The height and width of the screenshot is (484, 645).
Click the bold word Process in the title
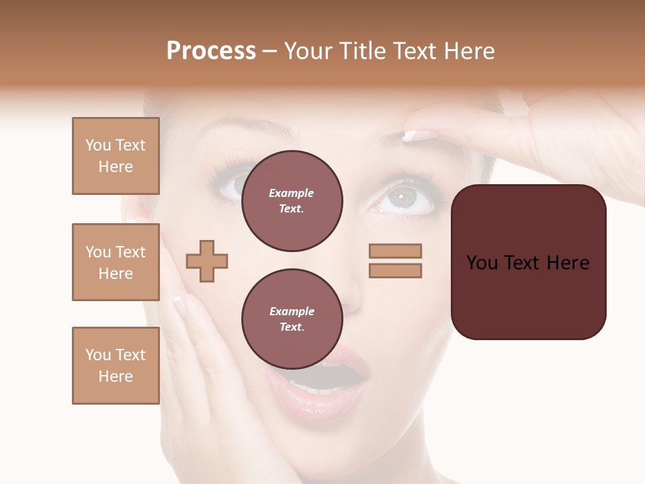click(x=211, y=51)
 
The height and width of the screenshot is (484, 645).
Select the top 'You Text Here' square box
click(x=116, y=156)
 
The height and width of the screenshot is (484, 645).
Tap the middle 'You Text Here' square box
click(x=116, y=262)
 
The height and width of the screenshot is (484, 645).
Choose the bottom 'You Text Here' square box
click(x=116, y=366)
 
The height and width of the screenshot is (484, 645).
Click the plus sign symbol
click(x=207, y=261)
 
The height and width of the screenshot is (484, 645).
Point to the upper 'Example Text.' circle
click(x=292, y=201)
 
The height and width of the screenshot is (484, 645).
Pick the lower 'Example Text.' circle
click(x=292, y=319)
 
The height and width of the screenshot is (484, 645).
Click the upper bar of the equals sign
click(x=395, y=251)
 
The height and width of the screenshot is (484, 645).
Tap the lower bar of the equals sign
click(x=395, y=270)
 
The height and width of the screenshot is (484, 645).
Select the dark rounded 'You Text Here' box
click(x=528, y=262)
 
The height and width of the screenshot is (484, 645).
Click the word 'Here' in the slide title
click(x=470, y=51)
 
